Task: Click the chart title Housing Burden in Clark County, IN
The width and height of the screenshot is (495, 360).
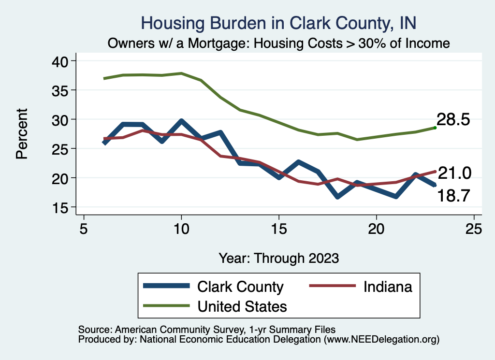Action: click(278, 23)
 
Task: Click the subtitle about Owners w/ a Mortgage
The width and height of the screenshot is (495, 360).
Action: click(279, 43)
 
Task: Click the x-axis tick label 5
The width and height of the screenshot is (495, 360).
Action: click(84, 228)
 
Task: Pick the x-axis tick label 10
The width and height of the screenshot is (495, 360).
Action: click(181, 228)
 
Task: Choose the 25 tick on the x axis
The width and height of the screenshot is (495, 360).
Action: click(474, 228)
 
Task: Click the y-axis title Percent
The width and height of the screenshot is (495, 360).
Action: click(21, 134)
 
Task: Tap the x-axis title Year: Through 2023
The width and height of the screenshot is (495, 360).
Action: click(279, 258)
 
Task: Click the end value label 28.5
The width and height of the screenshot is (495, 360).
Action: click(453, 120)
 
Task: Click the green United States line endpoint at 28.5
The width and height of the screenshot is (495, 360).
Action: click(435, 128)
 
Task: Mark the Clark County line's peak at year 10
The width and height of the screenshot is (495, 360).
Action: click(181, 121)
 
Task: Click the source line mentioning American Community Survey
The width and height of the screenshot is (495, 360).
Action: click(207, 329)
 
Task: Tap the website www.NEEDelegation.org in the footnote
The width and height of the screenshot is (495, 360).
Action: click(382, 339)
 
